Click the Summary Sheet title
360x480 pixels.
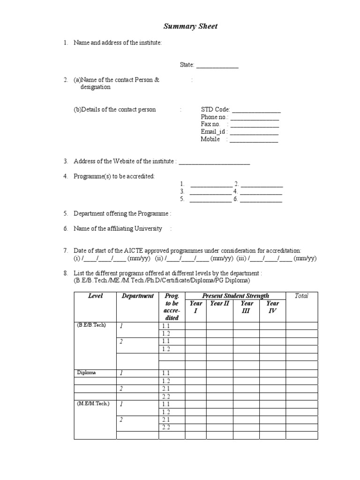[190, 26]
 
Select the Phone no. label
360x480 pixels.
[214, 117]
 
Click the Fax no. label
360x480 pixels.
[210, 124]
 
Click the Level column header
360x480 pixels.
[95, 296]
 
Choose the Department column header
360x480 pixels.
[137, 296]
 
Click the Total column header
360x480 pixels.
[301, 296]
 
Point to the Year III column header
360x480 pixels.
[247, 307]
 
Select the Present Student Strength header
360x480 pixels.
[235, 296]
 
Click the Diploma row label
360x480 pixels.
[86, 373]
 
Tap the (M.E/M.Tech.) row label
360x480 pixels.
[94, 403]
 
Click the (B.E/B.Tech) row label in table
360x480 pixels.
[92, 325]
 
